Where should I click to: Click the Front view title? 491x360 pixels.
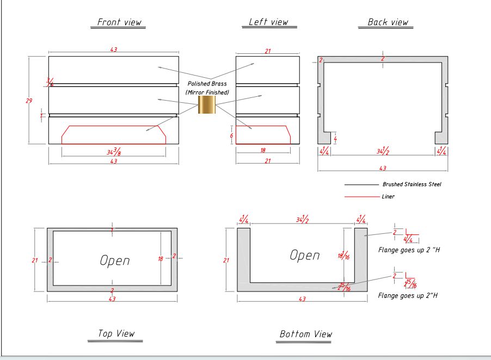119,22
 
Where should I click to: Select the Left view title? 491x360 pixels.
268,22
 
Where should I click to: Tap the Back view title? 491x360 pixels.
388,22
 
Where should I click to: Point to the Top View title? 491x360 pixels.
116,333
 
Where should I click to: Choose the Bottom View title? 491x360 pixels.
305,334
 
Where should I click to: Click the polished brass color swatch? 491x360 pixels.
207,104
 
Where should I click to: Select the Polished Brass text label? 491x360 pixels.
207,84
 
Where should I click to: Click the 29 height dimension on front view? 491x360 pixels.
29,100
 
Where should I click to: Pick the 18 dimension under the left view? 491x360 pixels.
263,151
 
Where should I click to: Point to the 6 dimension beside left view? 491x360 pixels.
231,136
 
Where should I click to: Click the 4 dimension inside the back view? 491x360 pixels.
335,139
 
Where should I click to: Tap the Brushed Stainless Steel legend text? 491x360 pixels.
412,184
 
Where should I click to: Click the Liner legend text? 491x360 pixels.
388,196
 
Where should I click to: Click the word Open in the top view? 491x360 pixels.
115,260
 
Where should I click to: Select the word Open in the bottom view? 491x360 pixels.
305,255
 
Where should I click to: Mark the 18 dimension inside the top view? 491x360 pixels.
160,259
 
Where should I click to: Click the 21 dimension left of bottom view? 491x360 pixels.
226,260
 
